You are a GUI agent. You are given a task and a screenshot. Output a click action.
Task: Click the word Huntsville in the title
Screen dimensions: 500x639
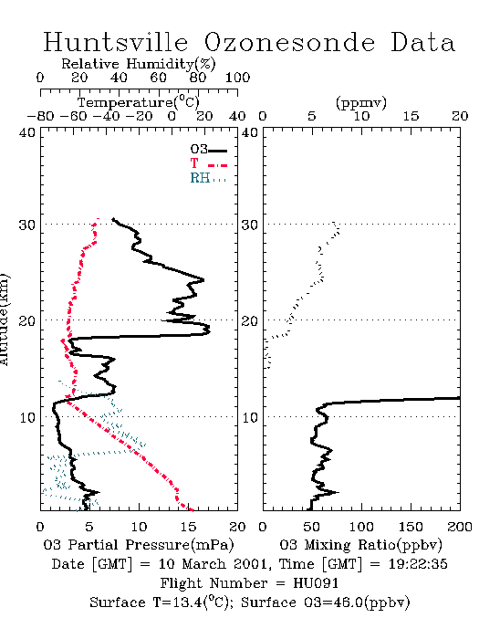116,42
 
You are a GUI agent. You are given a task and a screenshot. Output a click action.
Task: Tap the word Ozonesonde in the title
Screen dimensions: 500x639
289,42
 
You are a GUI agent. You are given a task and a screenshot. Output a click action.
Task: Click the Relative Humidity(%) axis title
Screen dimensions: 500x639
139,64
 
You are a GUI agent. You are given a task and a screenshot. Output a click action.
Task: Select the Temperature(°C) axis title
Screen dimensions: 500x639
139,102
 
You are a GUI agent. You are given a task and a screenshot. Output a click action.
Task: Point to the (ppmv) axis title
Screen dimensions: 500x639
361,102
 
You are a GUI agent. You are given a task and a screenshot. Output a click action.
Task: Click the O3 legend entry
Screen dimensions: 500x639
208,150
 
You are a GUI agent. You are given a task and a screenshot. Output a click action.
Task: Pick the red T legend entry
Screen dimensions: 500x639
208,164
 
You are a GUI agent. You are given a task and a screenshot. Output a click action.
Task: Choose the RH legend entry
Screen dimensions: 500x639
208,178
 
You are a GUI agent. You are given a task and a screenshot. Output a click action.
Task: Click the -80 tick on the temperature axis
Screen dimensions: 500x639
40,116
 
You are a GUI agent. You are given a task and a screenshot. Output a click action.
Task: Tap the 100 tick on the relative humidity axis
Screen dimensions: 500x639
237,78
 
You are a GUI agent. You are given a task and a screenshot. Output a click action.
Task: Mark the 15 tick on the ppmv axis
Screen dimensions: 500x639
411,116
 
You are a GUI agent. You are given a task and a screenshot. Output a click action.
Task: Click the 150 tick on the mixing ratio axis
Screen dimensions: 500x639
411,527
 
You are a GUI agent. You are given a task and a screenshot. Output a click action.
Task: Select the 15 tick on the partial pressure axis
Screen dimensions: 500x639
188,527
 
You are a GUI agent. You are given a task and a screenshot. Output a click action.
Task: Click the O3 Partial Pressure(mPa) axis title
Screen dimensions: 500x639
139,545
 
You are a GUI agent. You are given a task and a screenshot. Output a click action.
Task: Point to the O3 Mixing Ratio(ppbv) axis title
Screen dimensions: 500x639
360,545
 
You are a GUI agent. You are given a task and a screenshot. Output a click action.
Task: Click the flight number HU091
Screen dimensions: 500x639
316,583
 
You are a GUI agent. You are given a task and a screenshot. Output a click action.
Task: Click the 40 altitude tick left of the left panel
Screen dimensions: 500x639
27,132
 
